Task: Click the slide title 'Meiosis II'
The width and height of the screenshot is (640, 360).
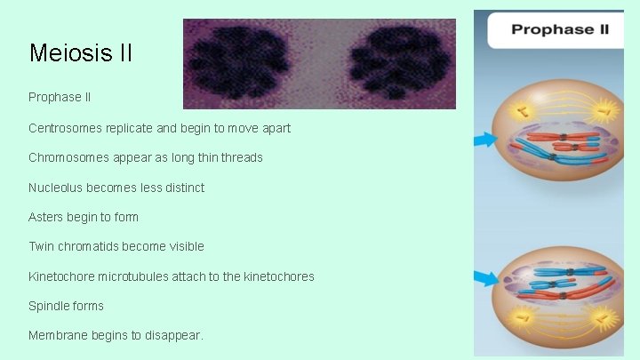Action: [81, 53]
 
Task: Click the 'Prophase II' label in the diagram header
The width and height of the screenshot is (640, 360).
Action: [559, 29]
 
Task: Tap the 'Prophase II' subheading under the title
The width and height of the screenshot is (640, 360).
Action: [60, 96]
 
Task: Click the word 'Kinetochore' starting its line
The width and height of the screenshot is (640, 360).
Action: [65, 276]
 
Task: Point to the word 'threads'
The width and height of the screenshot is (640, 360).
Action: [242, 157]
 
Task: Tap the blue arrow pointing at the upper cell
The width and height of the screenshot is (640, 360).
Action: [486, 139]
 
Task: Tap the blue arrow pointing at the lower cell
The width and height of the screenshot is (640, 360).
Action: [486, 278]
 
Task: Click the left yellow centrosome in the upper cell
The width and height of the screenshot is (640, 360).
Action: [522, 110]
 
